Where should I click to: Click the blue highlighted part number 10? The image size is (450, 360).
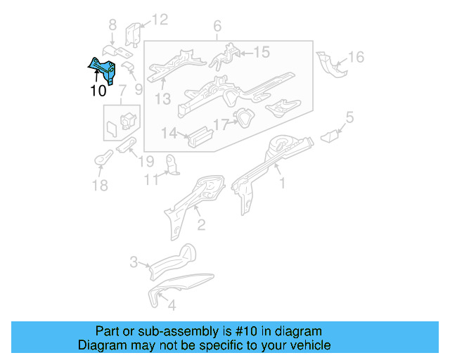[102, 70]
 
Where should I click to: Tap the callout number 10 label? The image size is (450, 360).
[98, 91]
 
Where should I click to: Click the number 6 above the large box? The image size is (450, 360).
[217, 27]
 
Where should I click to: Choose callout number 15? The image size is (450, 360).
[261, 51]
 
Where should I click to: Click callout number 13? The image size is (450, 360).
[163, 99]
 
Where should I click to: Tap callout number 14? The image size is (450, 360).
[169, 132]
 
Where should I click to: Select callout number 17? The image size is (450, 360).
[221, 124]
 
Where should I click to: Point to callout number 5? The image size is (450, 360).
[349, 117]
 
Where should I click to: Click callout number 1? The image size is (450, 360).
[283, 184]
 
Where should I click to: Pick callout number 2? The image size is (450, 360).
[201, 224]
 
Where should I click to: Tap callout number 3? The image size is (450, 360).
[134, 263]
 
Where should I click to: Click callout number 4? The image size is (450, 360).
[172, 306]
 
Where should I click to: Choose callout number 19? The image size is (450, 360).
[146, 161]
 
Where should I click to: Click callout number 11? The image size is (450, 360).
[149, 180]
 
